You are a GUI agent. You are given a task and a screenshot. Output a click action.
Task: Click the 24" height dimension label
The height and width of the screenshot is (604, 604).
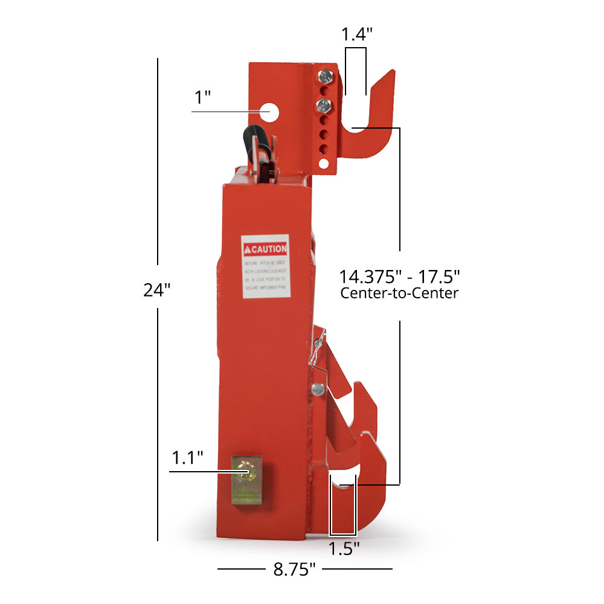click(157, 290)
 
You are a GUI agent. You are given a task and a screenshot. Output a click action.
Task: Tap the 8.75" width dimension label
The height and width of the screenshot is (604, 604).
click(295, 569)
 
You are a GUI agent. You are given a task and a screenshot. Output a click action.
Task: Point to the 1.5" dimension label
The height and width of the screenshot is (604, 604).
click(344, 548)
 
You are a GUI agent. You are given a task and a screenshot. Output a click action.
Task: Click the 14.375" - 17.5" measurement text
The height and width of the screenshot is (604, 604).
click(399, 277)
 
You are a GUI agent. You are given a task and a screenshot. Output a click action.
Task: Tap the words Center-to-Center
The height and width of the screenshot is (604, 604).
click(399, 294)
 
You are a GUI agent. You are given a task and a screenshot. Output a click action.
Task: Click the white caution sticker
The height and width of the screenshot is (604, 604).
click(265, 266)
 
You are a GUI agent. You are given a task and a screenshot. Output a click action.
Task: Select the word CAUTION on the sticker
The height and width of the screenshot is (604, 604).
click(269, 249)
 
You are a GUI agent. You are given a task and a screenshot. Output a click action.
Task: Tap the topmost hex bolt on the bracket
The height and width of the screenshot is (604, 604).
click(324, 76)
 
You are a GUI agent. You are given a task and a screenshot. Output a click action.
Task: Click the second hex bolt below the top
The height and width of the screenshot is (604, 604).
click(323, 107)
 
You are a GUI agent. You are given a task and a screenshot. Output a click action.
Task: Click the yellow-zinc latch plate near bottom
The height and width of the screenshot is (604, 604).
click(246, 482)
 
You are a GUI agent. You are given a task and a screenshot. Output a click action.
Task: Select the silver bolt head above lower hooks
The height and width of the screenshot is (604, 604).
click(318, 388)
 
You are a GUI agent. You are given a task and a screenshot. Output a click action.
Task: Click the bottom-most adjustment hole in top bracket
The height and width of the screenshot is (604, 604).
click(324, 164)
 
